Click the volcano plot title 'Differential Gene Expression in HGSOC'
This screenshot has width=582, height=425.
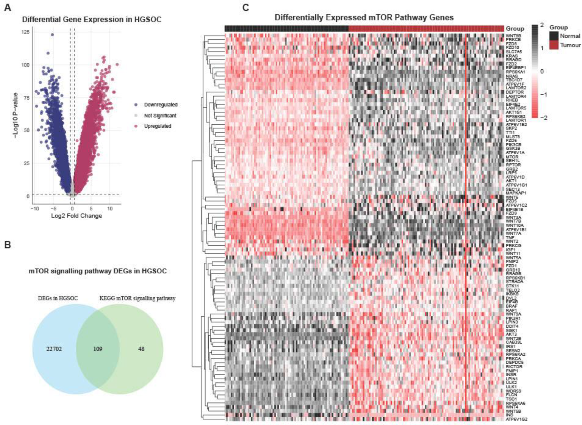pos(92,20)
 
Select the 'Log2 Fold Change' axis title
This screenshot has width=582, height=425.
pos(77,216)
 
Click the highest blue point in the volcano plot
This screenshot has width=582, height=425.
pos(52,34)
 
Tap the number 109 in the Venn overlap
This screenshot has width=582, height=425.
pos(98,349)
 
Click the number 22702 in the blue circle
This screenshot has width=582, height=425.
pos(54,349)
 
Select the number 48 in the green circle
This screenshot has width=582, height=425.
pos(141,349)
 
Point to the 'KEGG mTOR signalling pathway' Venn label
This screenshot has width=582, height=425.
pos(137,298)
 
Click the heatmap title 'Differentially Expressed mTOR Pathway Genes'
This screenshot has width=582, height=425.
pos(364,18)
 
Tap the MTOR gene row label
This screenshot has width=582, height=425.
pos(512,157)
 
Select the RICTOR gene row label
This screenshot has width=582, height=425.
pos(514,366)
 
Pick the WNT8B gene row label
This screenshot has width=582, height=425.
pos(513,36)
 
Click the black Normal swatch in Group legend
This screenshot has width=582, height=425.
pos(554,36)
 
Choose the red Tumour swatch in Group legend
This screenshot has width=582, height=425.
pos(554,45)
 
